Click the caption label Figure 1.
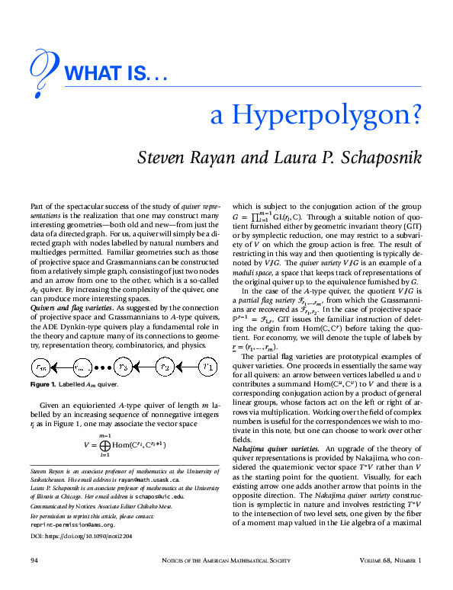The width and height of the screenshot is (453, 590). [44, 385]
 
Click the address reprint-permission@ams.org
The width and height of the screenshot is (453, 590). [72, 524]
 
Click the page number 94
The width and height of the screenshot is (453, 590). [34, 561]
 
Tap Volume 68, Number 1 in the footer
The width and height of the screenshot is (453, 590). [389, 561]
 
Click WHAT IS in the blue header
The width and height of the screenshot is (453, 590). [114, 73]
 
